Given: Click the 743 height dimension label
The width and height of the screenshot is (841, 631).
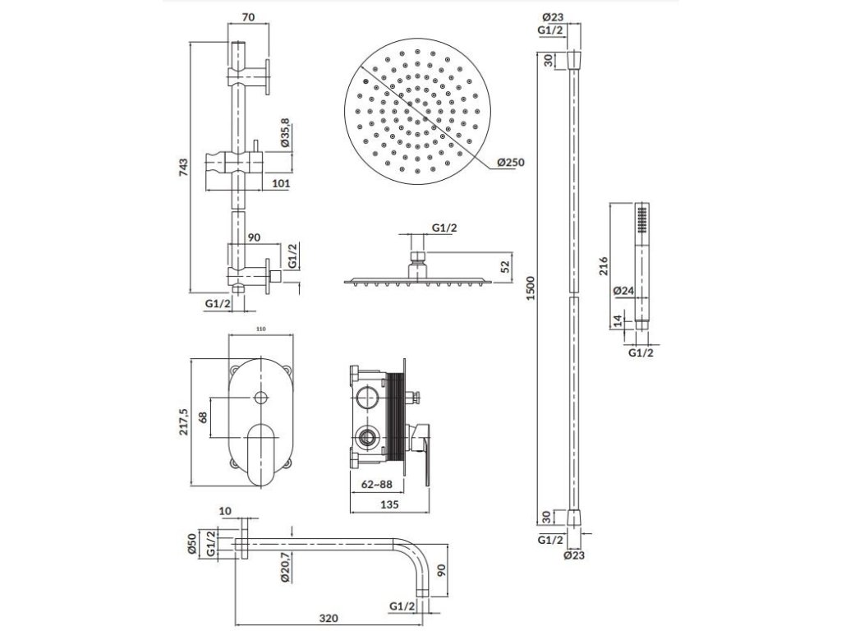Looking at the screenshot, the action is [x=184, y=166].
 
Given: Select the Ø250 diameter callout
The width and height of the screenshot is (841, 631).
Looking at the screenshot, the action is [x=510, y=163].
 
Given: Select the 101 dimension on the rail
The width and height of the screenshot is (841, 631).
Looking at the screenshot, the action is [x=280, y=184].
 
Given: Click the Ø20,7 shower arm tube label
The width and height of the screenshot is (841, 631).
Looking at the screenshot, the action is [x=283, y=568].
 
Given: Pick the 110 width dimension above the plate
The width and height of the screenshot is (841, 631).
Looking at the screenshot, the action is [x=261, y=329].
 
